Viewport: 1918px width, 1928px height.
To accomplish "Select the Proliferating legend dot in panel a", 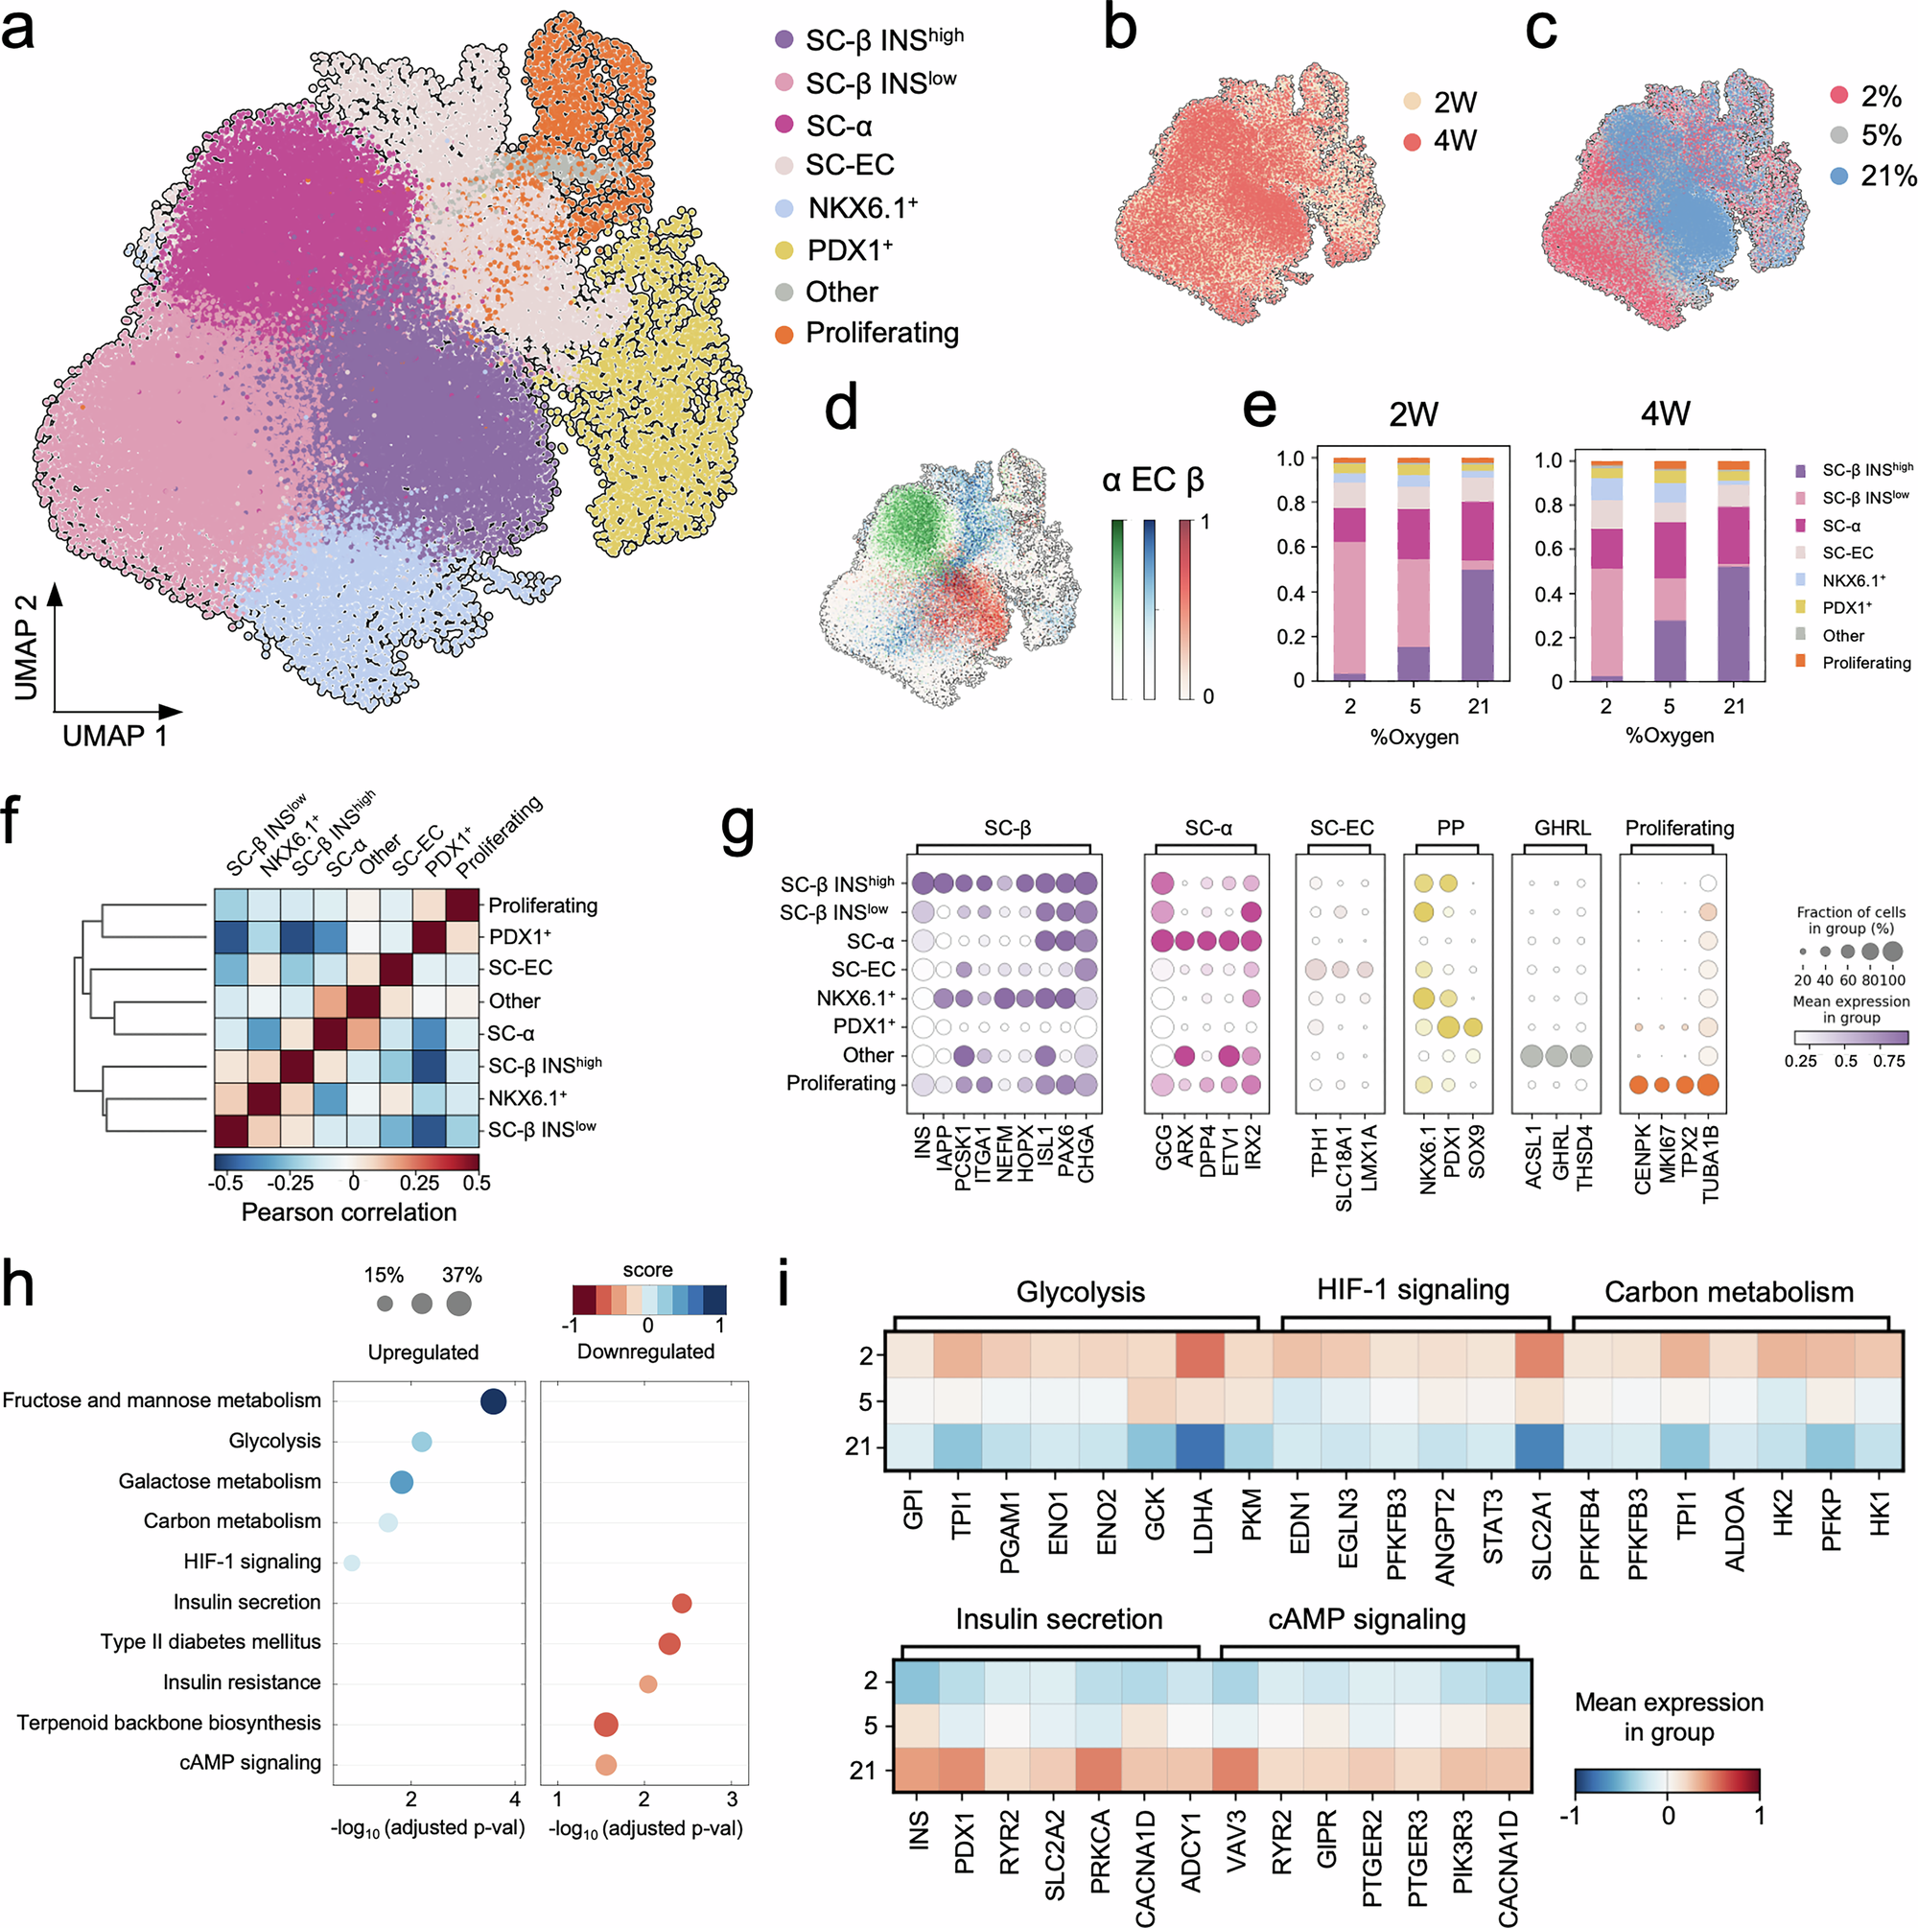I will point(784,335).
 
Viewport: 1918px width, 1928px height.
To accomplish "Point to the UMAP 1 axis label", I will point(115,737).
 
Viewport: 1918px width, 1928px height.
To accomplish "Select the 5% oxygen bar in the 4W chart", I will point(1670,574).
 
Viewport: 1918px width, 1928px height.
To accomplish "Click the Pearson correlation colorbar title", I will point(348,1212).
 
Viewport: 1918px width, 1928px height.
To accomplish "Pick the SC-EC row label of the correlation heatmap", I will point(519,968).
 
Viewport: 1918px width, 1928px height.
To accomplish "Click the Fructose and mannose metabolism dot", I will point(493,1402).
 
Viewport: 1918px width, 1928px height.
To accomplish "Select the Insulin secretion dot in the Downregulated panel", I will point(682,1604).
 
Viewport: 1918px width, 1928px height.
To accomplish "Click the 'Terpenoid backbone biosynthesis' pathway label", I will point(169,1724).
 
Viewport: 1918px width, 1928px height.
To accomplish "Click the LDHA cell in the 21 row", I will point(1202,1447).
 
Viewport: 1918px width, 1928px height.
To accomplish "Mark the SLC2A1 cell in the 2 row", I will point(1540,1355).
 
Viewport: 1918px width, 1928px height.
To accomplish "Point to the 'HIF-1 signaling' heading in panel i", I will point(1412,1290).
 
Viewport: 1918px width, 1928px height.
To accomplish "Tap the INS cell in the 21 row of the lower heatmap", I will point(918,1772).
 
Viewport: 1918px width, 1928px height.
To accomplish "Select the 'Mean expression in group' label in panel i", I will point(1669,1716).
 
